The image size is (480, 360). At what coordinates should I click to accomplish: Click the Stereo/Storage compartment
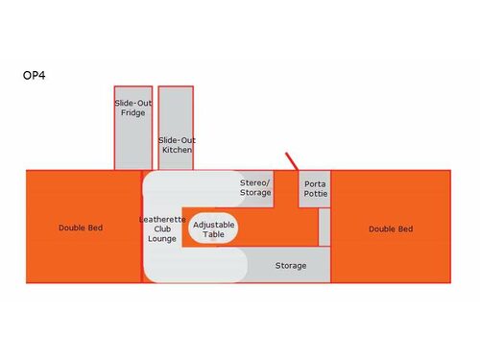(x=255, y=187)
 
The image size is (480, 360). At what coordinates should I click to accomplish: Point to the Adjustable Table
(x=213, y=228)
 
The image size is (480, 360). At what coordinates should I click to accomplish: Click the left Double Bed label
(x=81, y=228)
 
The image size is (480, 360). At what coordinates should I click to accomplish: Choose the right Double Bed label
(x=391, y=228)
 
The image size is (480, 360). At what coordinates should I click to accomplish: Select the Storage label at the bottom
(x=291, y=265)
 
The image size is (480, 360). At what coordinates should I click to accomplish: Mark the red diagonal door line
(x=292, y=160)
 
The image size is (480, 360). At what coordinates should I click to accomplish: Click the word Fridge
(x=133, y=112)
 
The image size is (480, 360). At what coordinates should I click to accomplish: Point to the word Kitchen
(x=177, y=150)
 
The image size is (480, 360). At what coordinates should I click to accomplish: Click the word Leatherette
(x=162, y=220)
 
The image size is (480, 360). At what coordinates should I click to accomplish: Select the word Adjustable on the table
(x=213, y=224)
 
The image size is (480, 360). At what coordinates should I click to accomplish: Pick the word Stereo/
(x=255, y=181)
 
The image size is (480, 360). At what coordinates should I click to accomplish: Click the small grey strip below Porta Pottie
(x=324, y=227)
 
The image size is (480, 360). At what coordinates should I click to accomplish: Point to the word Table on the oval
(x=213, y=234)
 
